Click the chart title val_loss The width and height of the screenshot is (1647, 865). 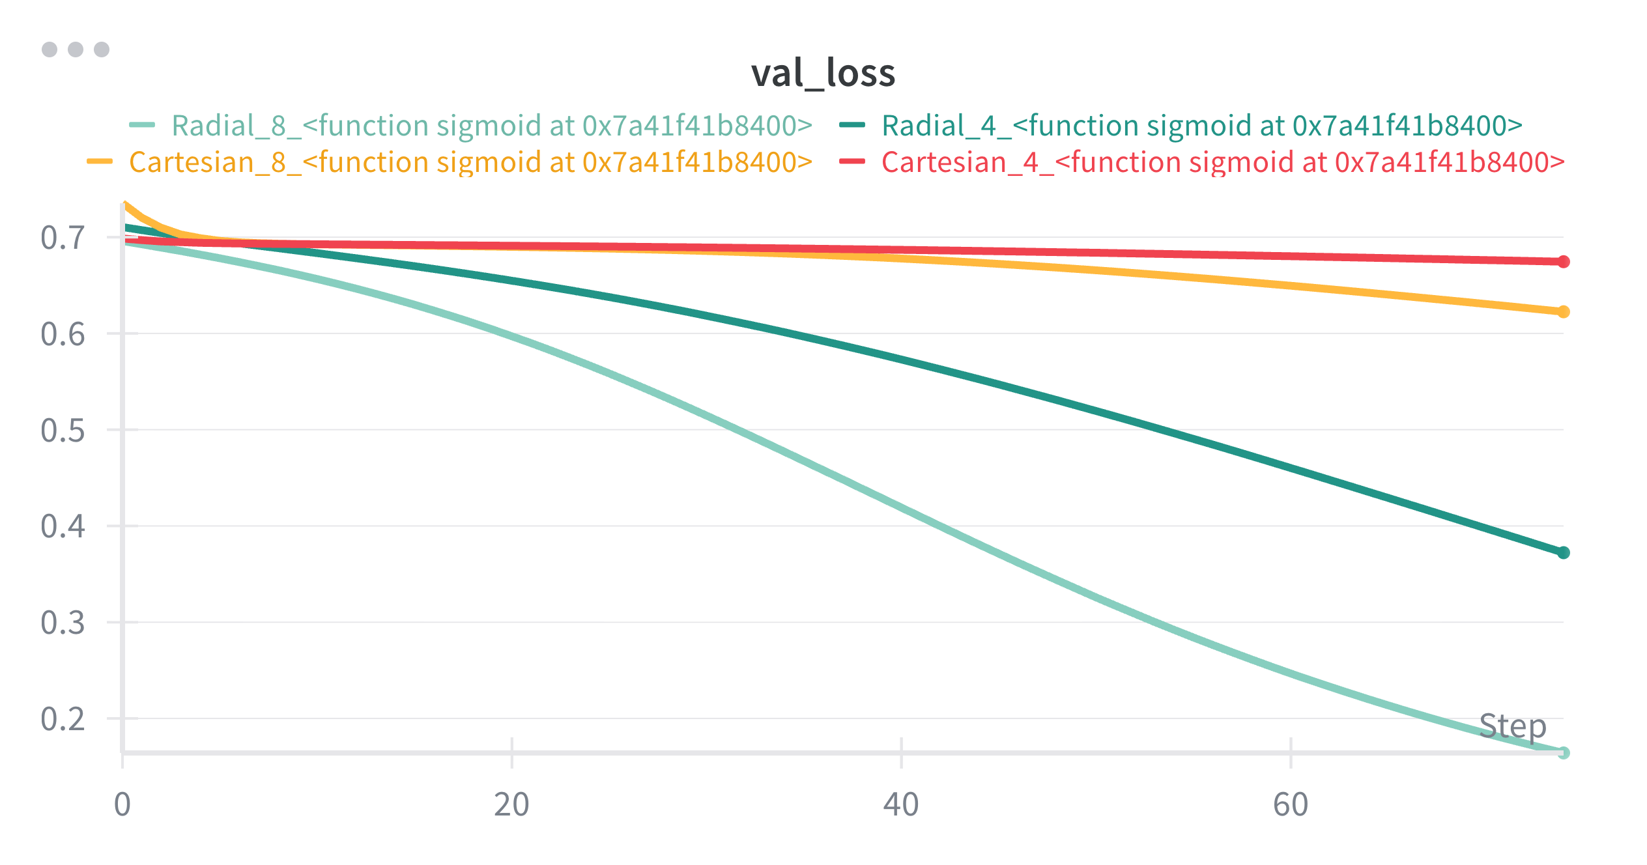coord(823,73)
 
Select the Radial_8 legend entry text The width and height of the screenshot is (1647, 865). coord(492,126)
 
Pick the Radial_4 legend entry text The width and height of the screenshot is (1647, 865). coord(1202,126)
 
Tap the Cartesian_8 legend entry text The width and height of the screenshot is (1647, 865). coord(470,162)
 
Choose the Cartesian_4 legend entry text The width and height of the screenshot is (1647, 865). coord(1223,162)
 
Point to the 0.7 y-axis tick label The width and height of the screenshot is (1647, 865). coord(63,238)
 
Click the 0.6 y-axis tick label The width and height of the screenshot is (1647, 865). coord(63,334)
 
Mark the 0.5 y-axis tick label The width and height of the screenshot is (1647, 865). coord(63,431)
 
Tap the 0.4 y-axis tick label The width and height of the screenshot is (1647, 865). coord(63,526)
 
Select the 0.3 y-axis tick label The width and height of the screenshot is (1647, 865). coord(63,623)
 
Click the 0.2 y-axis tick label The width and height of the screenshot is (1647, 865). coord(63,719)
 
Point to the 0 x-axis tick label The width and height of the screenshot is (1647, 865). coord(122,804)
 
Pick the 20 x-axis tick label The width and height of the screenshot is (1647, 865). coord(511,804)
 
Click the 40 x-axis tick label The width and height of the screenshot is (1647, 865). coord(901,804)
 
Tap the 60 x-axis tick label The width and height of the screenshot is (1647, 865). coord(1291,804)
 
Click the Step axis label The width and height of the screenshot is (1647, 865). coord(1512,726)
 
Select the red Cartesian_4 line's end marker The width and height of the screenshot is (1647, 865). coord(1563,262)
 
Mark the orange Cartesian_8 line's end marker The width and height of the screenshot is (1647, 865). coord(1563,312)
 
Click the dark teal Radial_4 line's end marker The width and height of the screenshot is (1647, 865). coord(1563,553)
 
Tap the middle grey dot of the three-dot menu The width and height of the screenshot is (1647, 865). coord(76,50)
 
